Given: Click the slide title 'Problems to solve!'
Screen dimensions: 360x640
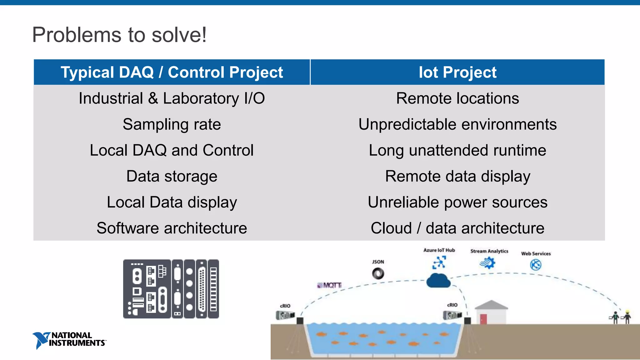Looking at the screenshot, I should click(119, 35).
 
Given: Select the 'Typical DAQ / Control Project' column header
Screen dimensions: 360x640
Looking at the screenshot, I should click(172, 72).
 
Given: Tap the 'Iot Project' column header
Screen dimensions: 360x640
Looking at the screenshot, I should click(457, 72).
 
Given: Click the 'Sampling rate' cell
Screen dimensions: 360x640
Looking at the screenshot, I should click(172, 124).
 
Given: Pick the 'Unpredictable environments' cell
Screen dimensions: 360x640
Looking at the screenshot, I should click(457, 124).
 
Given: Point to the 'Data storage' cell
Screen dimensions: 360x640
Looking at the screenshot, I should click(172, 176).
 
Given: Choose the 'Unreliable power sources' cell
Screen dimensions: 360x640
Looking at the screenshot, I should click(457, 202).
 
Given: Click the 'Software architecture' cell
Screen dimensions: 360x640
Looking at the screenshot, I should click(172, 228).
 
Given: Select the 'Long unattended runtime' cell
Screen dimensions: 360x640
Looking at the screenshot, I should click(457, 150).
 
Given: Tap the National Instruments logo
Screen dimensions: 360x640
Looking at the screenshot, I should click(69, 340).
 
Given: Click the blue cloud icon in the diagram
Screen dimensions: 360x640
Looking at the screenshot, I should click(438, 280).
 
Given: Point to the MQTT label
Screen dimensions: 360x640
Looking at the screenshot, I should click(330, 285).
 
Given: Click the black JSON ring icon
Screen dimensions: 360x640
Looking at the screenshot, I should click(378, 274).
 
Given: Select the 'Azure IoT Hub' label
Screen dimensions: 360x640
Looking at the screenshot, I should click(439, 250).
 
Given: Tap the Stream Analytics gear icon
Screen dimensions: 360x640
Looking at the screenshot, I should click(487, 263).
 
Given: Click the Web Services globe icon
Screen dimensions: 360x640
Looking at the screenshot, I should click(536, 265).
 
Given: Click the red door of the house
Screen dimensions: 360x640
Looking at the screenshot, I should click(483, 319).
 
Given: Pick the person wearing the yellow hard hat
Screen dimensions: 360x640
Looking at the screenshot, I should click(627, 317).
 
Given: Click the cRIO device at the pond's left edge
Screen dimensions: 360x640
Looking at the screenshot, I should click(285, 315).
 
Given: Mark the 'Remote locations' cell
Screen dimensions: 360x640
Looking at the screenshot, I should click(457, 98).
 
